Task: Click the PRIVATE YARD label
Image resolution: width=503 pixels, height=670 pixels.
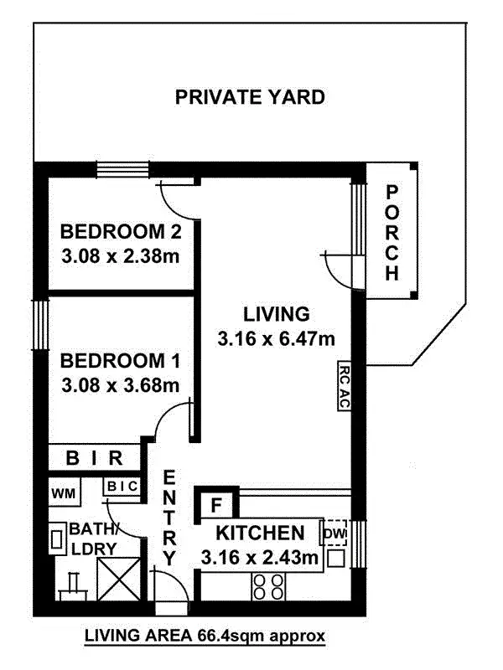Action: pos(250,97)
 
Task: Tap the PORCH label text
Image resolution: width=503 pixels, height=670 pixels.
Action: pos(391,233)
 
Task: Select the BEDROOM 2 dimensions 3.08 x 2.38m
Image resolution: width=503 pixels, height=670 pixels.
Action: pos(121,255)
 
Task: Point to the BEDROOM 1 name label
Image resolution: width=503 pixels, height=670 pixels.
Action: pos(121,362)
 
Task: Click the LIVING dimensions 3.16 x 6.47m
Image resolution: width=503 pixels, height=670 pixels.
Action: pos(276,339)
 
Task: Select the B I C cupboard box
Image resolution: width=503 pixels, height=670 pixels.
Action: pos(121,485)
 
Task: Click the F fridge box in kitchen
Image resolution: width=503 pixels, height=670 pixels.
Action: pos(215,506)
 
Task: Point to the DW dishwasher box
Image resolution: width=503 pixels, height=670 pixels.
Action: pos(335,532)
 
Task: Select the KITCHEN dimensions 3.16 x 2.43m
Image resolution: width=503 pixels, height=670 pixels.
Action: pos(260,555)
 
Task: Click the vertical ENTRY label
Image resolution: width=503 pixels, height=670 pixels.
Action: pos(169,518)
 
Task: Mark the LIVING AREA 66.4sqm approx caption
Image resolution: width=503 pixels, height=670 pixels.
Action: pos(205,636)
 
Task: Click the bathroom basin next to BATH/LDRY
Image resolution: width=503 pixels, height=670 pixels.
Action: pos(58,538)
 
